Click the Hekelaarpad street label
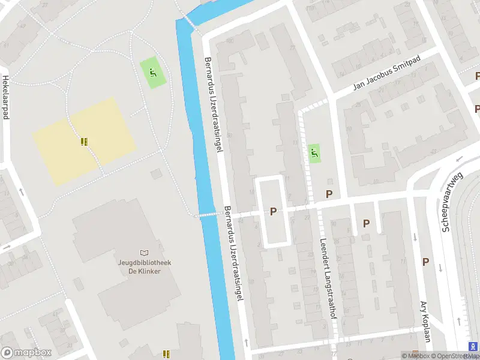tap(6, 98)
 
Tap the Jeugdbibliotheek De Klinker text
tap(143, 266)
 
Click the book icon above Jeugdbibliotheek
tap(143, 253)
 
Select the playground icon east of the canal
tap(314, 153)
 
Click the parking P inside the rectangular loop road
tap(274, 211)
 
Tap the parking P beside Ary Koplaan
tap(425, 262)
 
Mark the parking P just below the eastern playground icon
tap(329, 194)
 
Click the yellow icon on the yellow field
tap(84, 142)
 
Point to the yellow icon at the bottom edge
tap(166, 354)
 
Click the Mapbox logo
tap(26, 353)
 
